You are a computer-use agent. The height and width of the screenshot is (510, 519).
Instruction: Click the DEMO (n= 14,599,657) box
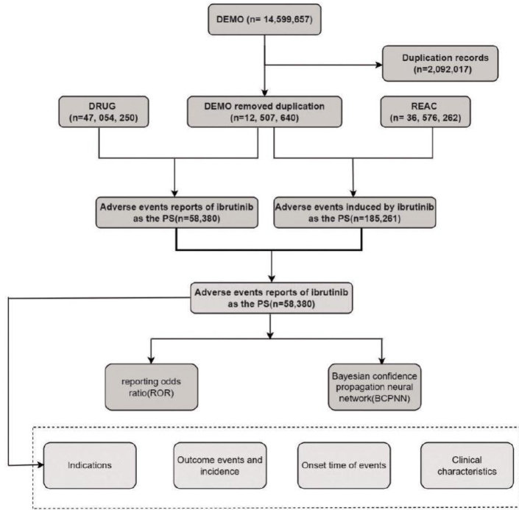264,20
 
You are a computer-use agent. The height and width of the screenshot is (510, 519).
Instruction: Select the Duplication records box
440,63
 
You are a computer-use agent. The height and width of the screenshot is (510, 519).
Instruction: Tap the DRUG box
104,112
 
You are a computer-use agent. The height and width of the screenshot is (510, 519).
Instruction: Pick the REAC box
426,112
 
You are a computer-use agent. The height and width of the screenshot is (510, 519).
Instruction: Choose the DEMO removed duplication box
264,112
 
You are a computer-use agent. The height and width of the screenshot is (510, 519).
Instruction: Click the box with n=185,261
355,213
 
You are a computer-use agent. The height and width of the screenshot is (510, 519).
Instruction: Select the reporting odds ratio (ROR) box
151,387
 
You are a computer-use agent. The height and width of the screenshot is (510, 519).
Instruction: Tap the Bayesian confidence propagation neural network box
375,387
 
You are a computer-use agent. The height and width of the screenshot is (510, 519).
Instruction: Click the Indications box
90,465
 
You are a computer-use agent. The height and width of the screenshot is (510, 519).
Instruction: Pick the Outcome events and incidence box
220,465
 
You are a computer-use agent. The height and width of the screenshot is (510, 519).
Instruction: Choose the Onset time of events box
344,465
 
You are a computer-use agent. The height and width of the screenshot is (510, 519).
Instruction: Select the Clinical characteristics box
467,465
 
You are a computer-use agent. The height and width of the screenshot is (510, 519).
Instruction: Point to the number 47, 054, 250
105,118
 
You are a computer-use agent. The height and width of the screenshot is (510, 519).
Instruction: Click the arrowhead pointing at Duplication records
379,65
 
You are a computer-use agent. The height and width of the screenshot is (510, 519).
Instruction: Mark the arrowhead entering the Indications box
40,465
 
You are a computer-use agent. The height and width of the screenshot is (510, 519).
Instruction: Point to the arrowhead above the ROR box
151,360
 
